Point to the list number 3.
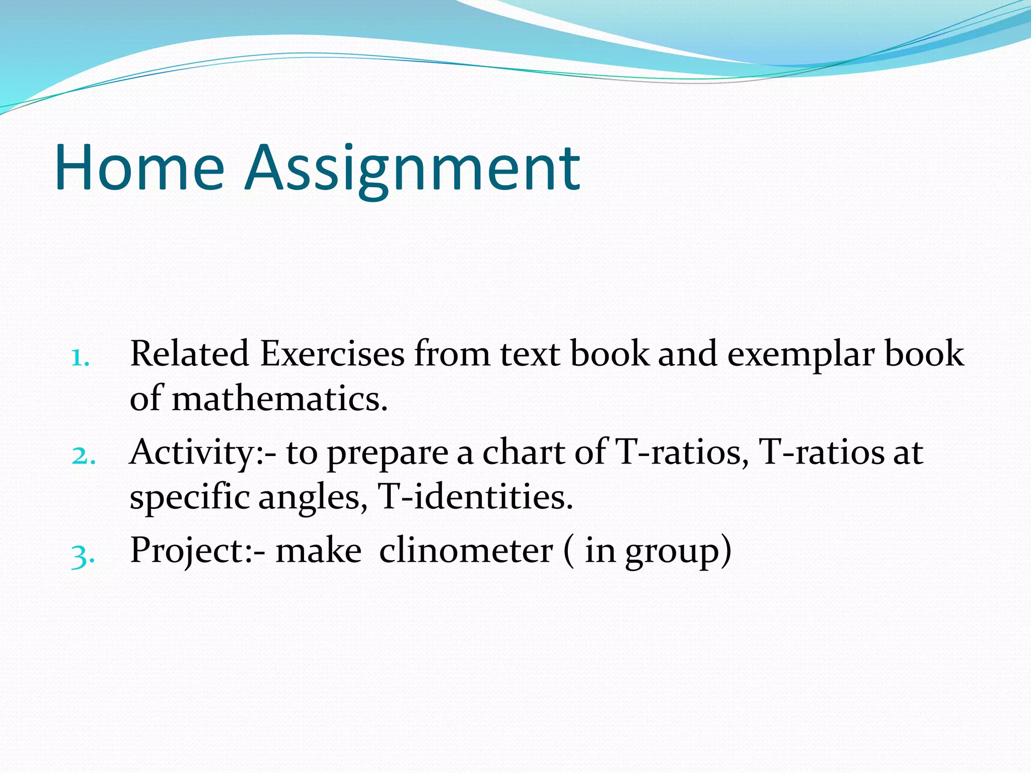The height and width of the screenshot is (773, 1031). pyautogui.click(x=83, y=556)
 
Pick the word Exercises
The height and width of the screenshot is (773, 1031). pyautogui.click(x=332, y=353)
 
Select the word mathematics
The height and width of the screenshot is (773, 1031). pyautogui.click(x=279, y=399)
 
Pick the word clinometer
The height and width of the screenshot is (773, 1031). pyautogui.click(x=466, y=551)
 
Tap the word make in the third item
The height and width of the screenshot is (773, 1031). pyautogui.click(x=318, y=551)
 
